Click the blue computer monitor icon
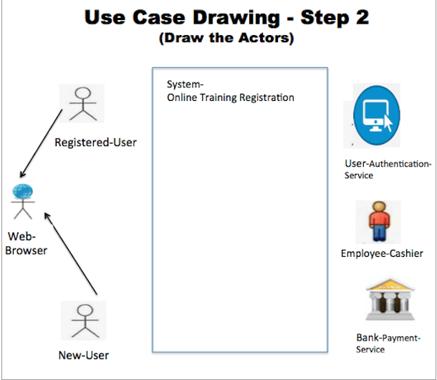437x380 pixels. click(376, 115)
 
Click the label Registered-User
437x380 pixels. click(95, 142)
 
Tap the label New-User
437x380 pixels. click(84, 354)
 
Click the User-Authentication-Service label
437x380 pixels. click(388, 170)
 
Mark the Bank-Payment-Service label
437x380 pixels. click(388, 344)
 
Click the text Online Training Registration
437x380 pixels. click(230, 98)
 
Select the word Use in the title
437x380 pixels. click(105, 17)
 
